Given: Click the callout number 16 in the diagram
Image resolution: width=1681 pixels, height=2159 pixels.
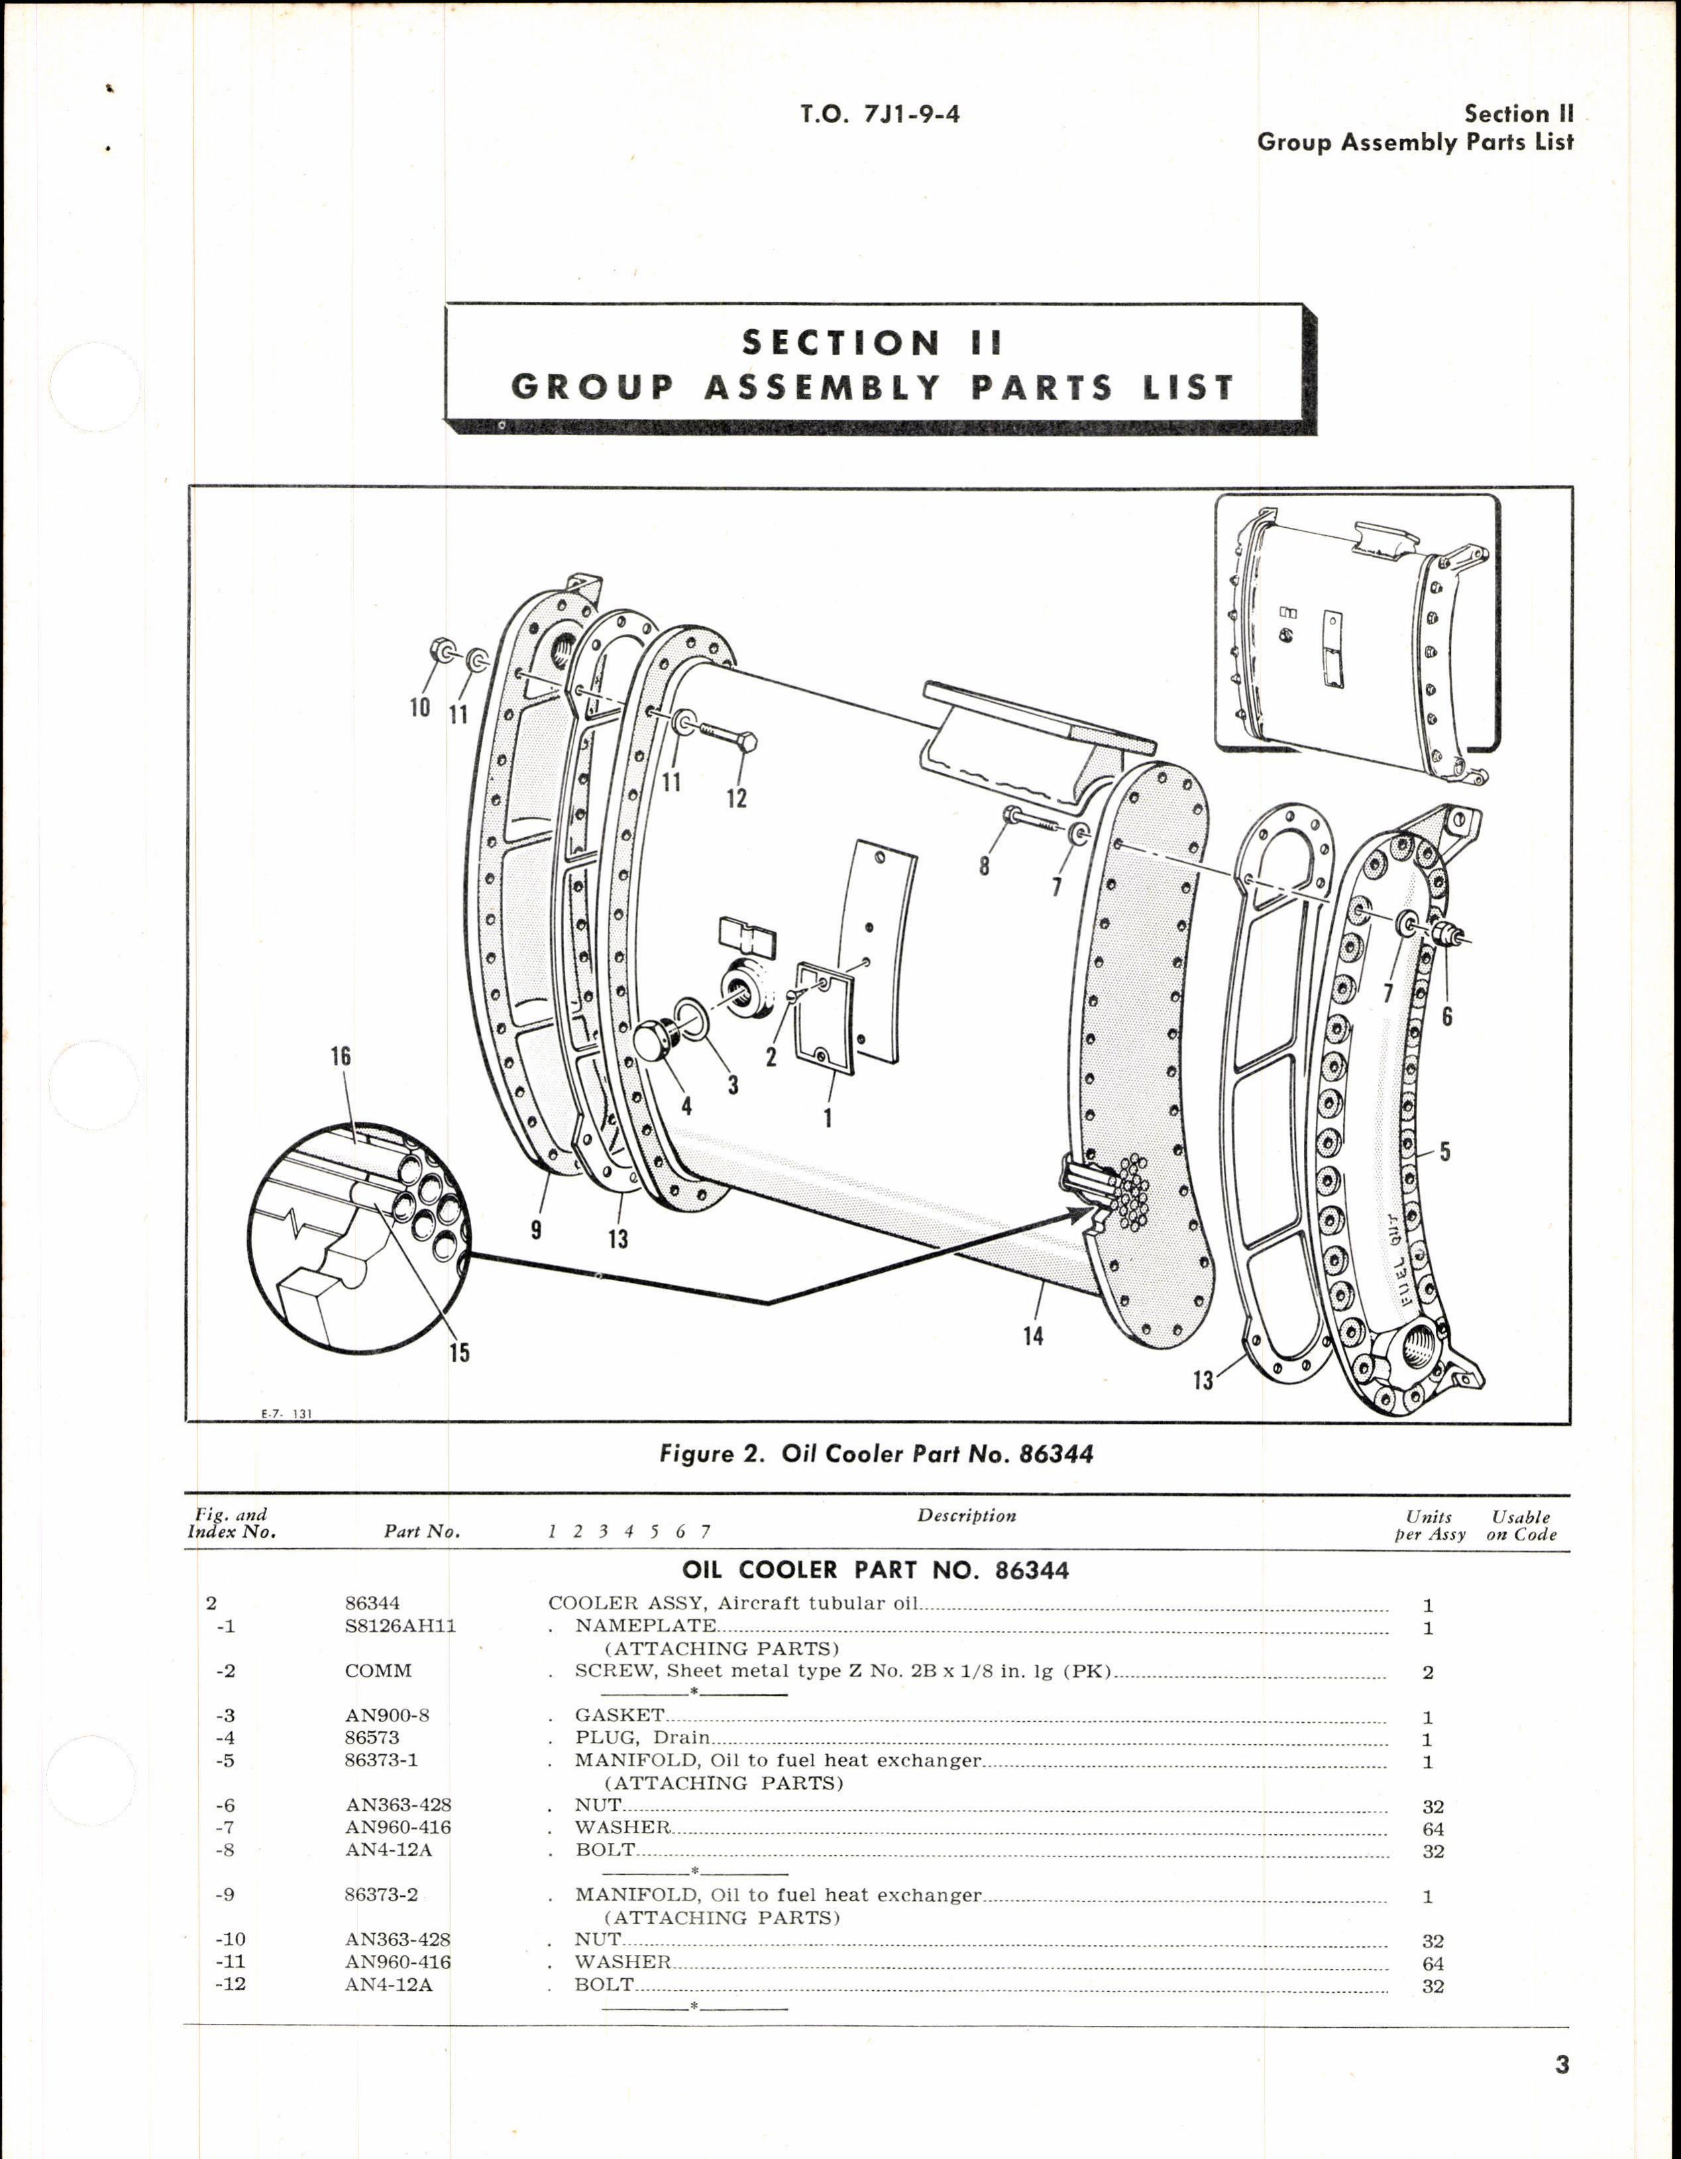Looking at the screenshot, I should [x=340, y=1056].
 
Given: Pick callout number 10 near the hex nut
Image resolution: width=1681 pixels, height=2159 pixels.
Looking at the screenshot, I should [x=419, y=707].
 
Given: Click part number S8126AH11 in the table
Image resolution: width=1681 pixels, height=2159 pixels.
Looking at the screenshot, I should [x=400, y=1626].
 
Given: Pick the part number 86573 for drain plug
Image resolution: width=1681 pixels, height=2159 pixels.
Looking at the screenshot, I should [x=372, y=1738].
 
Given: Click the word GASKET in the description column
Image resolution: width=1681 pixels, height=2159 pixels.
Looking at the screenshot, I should [x=619, y=1715].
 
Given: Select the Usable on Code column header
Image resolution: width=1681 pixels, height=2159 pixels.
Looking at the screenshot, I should [x=1520, y=1525].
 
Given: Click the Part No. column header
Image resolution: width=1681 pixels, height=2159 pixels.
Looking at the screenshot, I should [x=421, y=1531].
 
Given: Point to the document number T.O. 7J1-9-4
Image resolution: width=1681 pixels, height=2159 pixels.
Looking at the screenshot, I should [x=879, y=115].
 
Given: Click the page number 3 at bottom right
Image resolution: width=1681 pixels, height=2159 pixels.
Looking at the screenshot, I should [x=1561, y=2065].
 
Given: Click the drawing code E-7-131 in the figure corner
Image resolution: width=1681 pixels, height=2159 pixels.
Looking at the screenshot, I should [x=286, y=1415].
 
